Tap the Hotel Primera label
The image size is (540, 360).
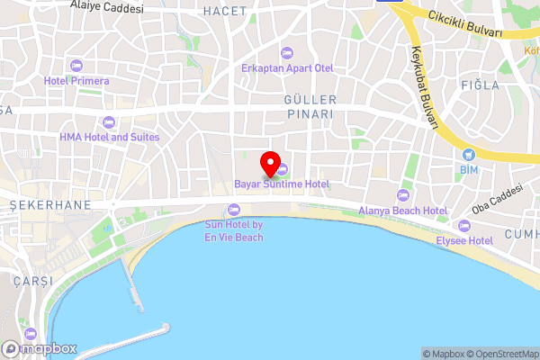pos(76,81)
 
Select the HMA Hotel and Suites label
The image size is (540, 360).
pos(109,137)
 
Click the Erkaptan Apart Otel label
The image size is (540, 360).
pos(286,68)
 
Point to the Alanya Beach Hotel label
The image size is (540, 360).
pos(402,211)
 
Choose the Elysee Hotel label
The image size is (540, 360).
pos(463,240)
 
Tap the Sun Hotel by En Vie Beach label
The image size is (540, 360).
pos(233,230)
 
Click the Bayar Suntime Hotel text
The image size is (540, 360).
pos(281,184)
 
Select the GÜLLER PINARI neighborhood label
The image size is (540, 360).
pos(310,107)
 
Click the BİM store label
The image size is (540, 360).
pos(468,169)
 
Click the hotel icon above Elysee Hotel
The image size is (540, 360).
pos(463,226)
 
